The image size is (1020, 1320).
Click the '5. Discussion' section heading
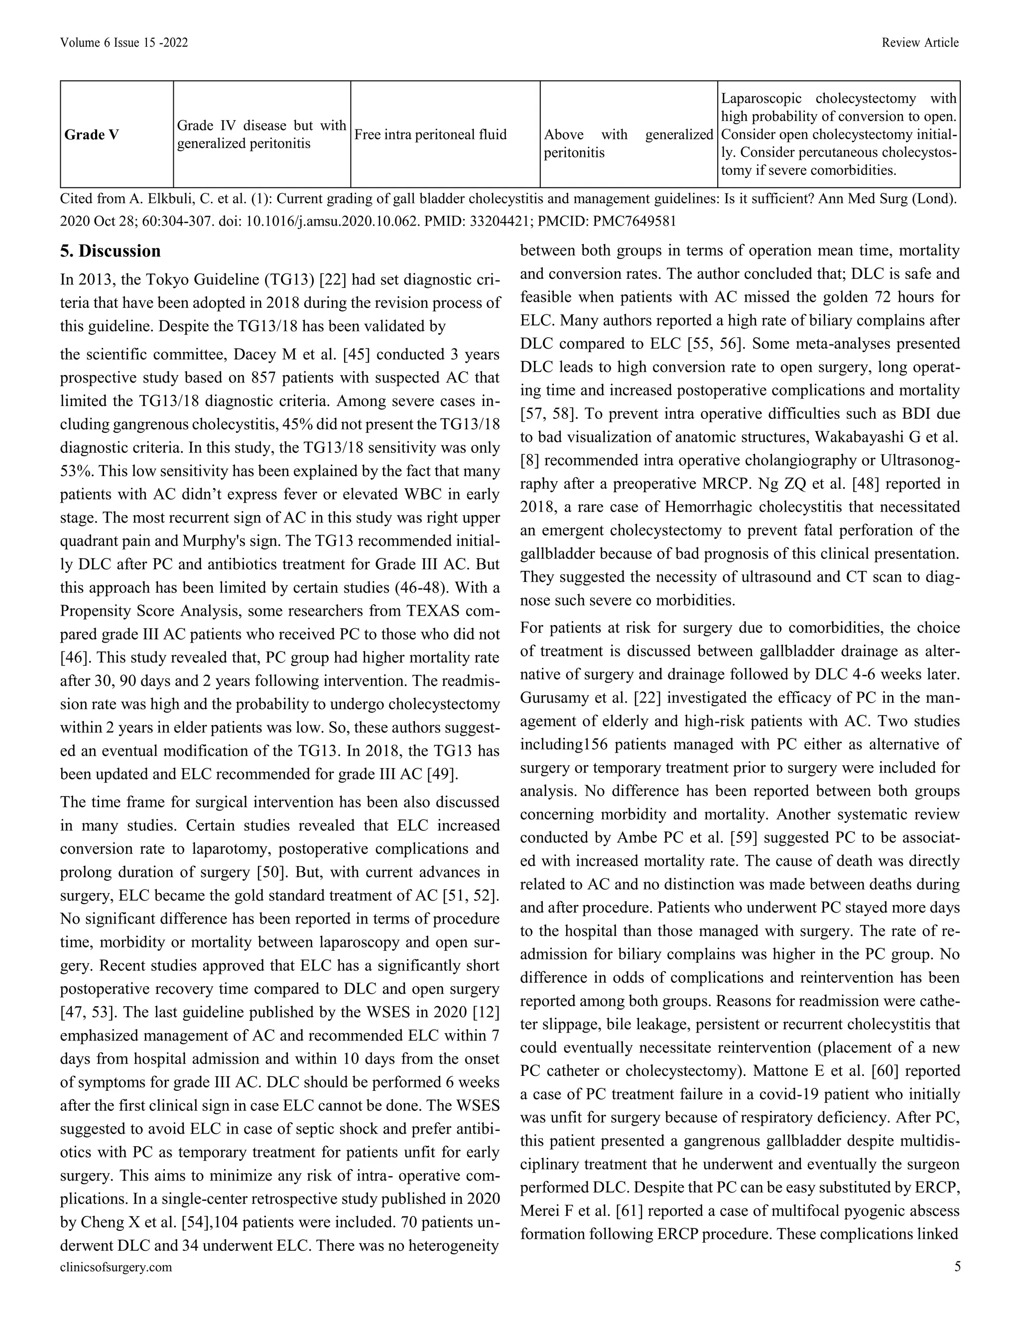111,251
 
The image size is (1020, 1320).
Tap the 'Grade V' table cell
91,135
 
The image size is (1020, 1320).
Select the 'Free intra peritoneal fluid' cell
430,135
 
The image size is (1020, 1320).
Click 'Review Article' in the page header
920,42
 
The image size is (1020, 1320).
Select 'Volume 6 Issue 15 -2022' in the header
124,42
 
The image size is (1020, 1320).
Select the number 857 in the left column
263,378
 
